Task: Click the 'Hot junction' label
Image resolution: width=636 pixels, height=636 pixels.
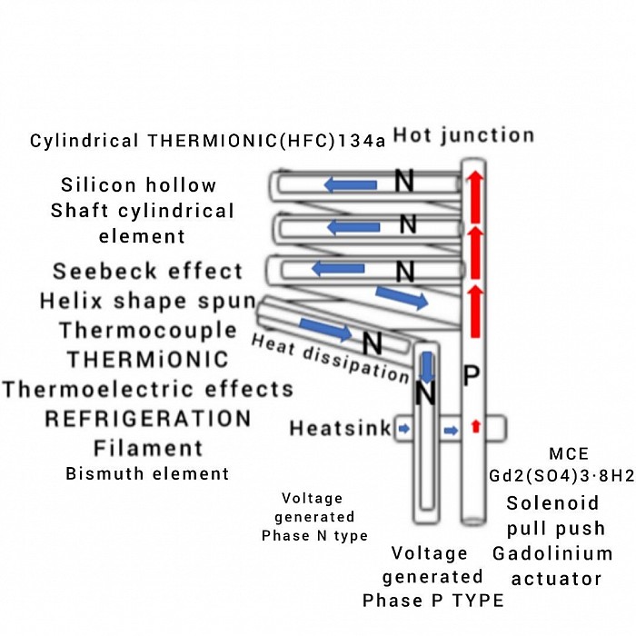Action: coord(463,136)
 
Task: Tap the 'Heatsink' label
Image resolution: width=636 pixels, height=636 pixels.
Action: coord(340,427)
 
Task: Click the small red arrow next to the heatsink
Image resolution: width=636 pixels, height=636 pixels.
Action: coord(476,426)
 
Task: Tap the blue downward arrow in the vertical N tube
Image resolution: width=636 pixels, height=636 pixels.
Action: coord(427,365)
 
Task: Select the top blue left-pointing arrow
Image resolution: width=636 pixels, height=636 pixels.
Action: coord(351,185)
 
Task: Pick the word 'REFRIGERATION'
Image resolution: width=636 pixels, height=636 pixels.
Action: coord(148,419)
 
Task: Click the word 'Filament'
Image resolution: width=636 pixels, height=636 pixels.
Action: coord(148,448)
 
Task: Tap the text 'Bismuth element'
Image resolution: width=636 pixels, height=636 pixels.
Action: coord(147,473)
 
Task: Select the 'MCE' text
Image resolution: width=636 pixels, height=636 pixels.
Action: coord(569,453)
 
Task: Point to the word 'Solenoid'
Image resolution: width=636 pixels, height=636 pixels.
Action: coord(553,503)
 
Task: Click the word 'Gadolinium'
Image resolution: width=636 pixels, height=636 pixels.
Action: coord(552,553)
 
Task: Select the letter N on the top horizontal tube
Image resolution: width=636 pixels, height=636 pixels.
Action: coord(405,184)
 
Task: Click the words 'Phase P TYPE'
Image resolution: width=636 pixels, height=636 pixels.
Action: coord(432,601)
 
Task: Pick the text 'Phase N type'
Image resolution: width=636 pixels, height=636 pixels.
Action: coord(314,536)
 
